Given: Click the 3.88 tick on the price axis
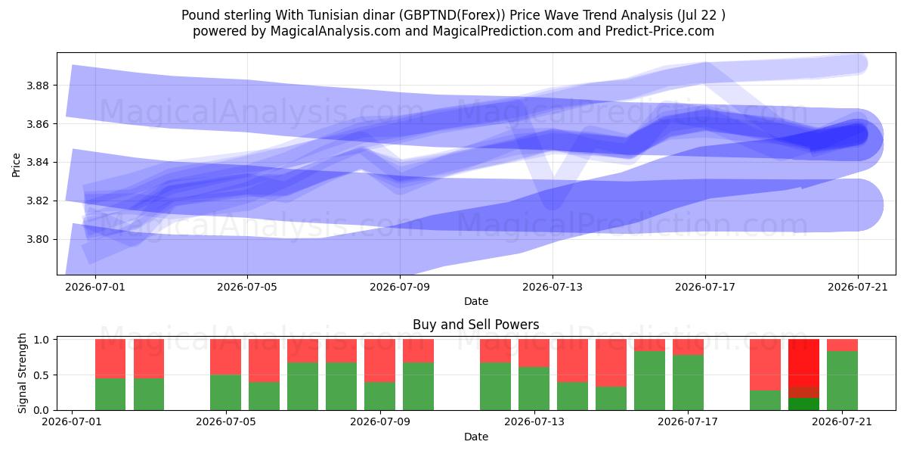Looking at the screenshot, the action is pos(37,86).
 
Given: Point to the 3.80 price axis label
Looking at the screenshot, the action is pos(37,239).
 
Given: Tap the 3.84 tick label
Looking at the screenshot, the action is pos(37,163).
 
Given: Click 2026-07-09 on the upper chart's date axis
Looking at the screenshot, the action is pos(400,287).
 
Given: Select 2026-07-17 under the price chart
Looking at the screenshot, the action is pos(705,287).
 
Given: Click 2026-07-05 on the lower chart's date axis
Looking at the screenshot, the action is pos(226,422).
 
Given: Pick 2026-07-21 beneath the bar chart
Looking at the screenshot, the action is pos(842,422).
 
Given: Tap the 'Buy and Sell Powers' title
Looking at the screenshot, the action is pos(475,325).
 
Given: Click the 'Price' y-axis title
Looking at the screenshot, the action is pos(16,165).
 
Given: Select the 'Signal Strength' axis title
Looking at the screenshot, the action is pos(22,373).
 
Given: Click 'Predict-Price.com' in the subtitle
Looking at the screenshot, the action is pos(660,31).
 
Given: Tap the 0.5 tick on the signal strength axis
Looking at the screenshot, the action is pos(42,375).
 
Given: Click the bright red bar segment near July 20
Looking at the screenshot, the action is pos(803,362).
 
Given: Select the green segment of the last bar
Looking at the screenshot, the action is pos(842,381).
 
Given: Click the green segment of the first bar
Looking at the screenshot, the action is pos(110,394).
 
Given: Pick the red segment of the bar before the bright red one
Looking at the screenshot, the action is pos(765,365).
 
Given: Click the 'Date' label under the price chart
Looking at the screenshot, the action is pos(475,302).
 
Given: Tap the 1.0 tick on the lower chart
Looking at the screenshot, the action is pos(42,340).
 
